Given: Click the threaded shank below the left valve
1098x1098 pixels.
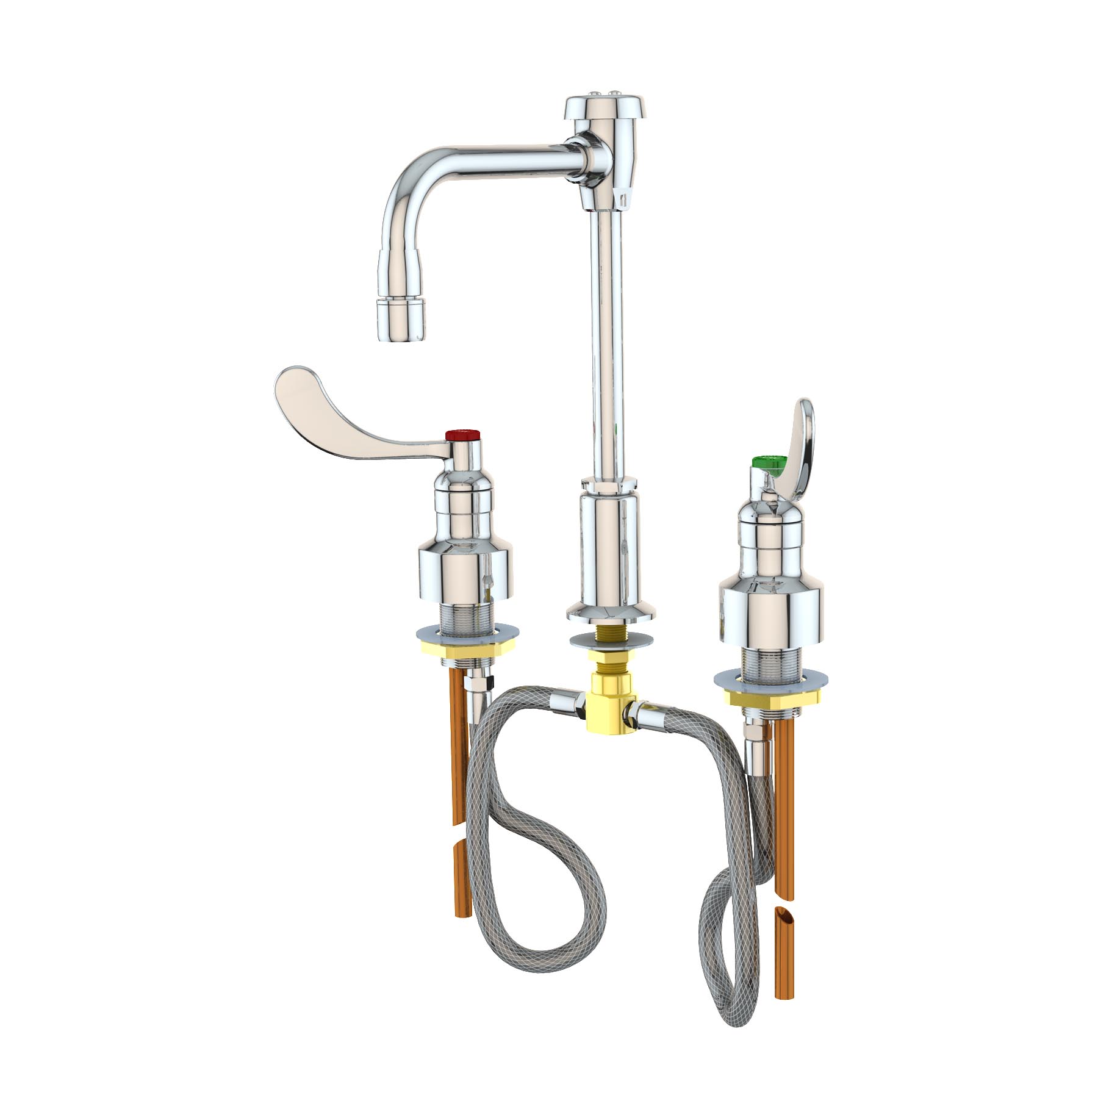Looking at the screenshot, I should click(465, 622).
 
